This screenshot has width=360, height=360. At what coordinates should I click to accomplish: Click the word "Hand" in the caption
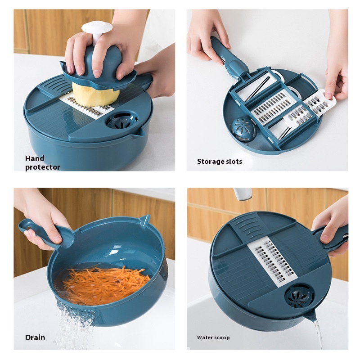(x=35, y=158)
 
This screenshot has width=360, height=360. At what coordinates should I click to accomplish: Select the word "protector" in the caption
(x=42, y=167)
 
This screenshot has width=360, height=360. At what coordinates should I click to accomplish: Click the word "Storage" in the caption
(x=210, y=162)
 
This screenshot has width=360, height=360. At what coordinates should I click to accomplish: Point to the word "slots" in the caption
(x=234, y=162)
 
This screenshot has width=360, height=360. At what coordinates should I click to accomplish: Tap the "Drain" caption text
(x=35, y=337)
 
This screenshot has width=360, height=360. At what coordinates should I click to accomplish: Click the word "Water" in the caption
(x=204, y=337)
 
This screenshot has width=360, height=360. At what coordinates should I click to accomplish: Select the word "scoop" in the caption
(x=221, y=338)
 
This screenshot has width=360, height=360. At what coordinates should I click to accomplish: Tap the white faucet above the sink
(x=243, y=194)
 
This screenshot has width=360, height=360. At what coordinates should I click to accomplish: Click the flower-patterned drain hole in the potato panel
(x=121, y=120)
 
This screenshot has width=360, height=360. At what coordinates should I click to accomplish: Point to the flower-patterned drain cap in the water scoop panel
(x=300, y=296)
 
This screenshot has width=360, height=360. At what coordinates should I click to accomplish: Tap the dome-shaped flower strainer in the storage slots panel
(x=244, y=129)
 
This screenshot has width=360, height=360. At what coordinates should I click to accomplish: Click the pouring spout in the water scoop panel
(x=310, y=319)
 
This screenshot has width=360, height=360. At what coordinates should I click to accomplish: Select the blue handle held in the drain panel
(x=46, y=233)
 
